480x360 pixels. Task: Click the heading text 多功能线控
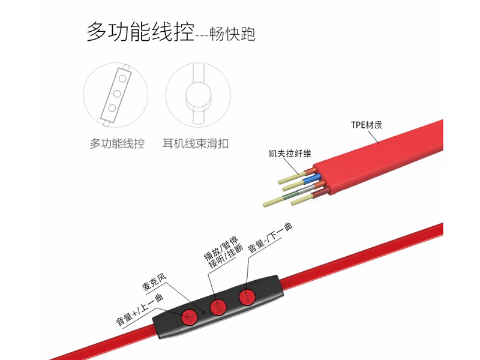click(140, 32)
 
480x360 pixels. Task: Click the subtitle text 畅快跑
click(233, 34)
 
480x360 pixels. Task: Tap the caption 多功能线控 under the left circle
click(117, 143)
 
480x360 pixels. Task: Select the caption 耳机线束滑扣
click(196, 143)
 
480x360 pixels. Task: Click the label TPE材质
click(367, 125)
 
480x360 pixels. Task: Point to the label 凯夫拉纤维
click(290, 153)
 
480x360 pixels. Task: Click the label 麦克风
click(154, 282)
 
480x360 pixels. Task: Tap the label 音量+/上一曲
click(140, 310)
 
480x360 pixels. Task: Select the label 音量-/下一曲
click(270, 238)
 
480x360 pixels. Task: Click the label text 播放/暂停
click(221, 248)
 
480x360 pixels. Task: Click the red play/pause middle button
click(218, 307)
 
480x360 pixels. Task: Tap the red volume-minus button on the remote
click(247, 296)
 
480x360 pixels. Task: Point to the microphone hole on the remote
click(203, 312)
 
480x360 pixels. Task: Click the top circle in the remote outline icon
click(122, 79)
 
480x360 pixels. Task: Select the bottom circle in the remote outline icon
click(112, 108)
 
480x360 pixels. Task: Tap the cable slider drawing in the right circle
click(199, 94)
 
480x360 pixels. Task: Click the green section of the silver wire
click(290, 195)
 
